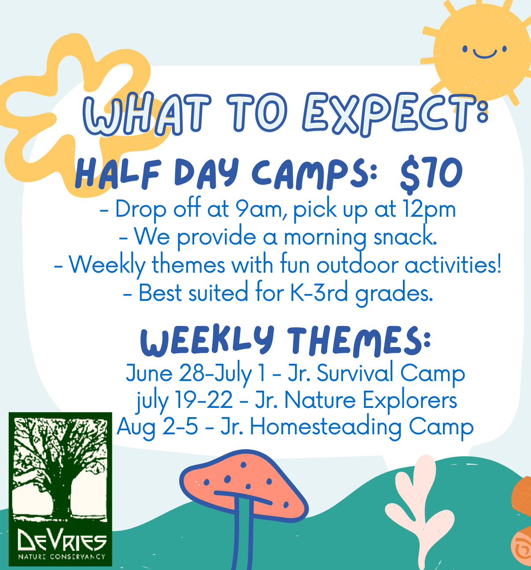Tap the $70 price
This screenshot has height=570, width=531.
431,174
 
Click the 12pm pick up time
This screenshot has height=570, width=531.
429,210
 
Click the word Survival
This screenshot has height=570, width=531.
355,373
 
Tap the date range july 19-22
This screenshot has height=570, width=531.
184,400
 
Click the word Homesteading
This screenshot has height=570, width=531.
325,427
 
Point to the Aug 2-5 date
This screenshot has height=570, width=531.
158,427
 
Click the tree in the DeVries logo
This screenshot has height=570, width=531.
59,467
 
